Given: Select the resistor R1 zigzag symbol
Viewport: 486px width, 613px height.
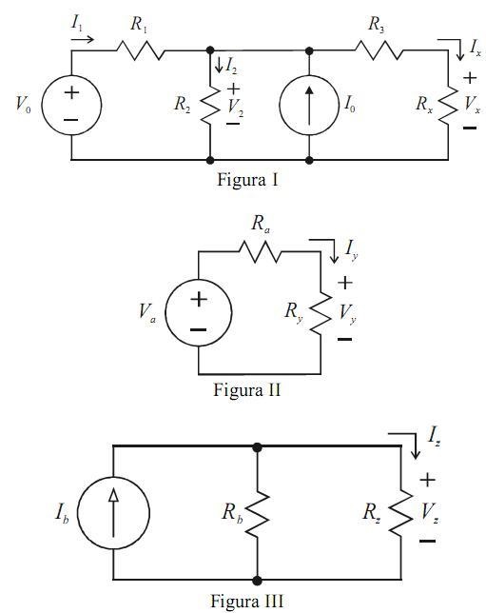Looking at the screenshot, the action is click(140, 50).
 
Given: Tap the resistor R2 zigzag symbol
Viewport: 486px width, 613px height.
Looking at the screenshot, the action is click(210, 106).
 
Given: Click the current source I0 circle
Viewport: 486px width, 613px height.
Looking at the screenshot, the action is click(280, 105).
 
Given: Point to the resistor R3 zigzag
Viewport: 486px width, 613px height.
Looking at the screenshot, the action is click(379, 50).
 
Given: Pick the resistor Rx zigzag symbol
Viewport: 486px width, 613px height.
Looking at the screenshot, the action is click(448, 106).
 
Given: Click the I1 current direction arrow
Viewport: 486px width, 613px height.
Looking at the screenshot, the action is click(83, 39).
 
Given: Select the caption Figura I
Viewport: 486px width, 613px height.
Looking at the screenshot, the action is click(247, 180).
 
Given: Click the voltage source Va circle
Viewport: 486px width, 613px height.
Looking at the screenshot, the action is click(165, 312).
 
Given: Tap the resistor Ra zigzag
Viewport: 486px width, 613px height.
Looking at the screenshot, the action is click(260, 251).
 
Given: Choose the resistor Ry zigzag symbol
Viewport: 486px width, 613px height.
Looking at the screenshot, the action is click(321, 313).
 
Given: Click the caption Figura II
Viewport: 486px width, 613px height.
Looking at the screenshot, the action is click(247, 389).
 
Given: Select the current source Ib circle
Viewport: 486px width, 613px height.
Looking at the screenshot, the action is click(78, 513).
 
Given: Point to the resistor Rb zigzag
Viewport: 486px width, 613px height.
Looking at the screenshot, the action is click(257, 514).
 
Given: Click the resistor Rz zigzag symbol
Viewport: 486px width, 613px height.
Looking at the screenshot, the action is click(401, 513).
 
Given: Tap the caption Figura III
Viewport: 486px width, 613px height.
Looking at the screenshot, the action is click(247, 601).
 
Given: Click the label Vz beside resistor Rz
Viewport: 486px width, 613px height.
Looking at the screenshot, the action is click(430, 511).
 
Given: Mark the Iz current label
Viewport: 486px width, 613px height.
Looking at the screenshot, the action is click(434, 435).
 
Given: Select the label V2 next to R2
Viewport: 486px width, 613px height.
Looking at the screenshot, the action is click(236, 106).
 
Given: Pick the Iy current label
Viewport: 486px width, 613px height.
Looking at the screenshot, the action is click(351, 249).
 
